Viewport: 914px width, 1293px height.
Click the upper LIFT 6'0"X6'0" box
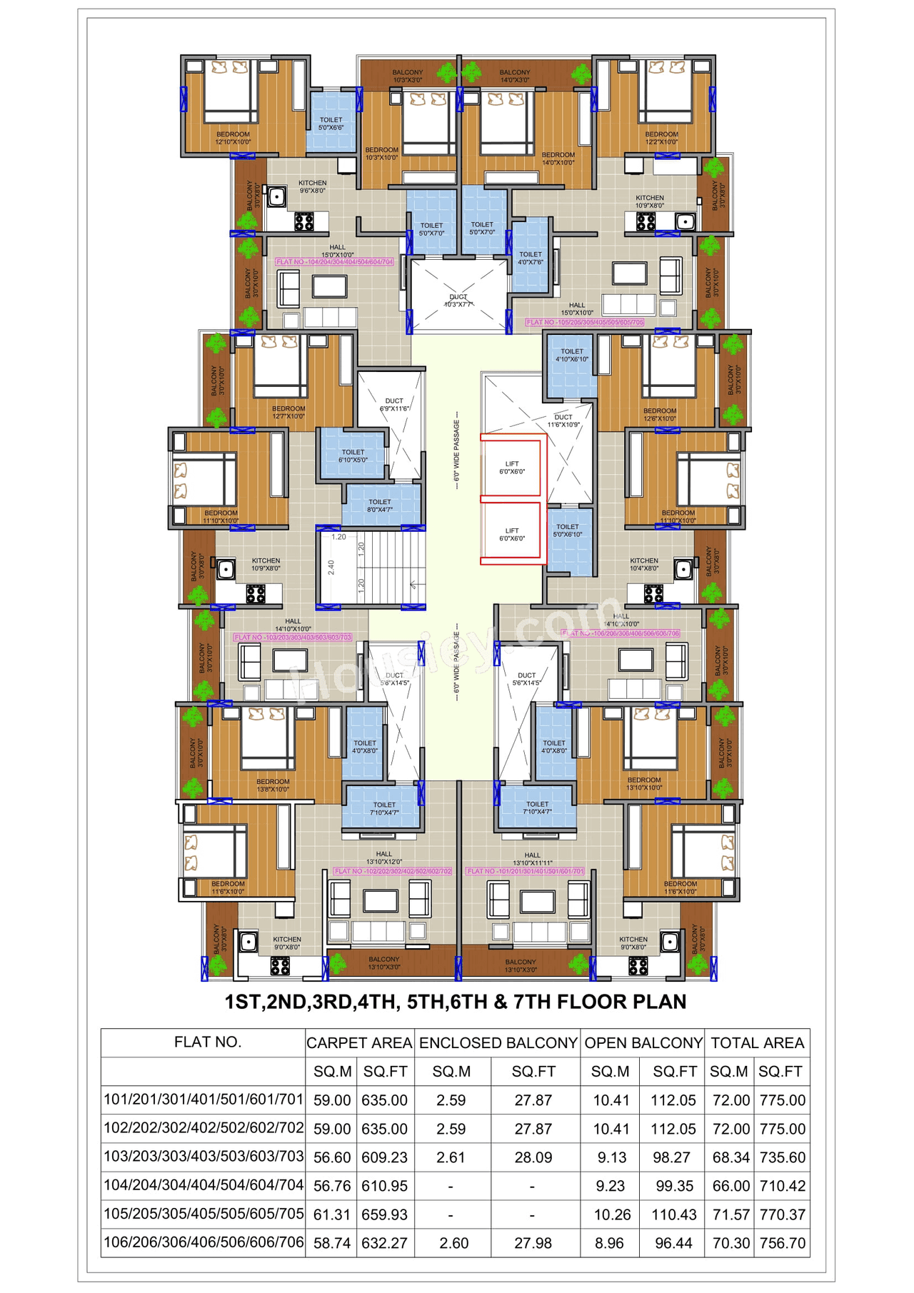[x=511, y=468]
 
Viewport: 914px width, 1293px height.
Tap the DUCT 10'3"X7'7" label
[x=458, y=301]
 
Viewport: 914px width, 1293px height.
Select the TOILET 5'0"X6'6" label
[x=331, y=124]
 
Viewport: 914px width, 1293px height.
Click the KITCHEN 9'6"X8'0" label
[x=313, y=187]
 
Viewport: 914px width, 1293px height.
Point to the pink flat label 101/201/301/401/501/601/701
[x=525, y=871]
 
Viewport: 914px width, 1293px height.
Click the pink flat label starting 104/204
[x=334, y=262]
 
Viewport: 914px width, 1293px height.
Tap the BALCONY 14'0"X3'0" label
[x=515, y=76]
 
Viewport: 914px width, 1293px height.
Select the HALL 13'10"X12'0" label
[x=384, y=857]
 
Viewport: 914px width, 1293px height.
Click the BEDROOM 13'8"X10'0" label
[x=273, y=785]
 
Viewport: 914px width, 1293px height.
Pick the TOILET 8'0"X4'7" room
[x=380, y=505]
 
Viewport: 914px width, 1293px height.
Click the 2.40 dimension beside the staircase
[x=331, y=568]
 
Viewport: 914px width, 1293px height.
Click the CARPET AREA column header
[x=359, y=1043]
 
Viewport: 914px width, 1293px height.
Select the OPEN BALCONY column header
[x=643, y=1043]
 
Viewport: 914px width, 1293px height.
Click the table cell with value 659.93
[x=384, y=1214]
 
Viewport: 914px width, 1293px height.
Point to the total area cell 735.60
[x=782, y=1157]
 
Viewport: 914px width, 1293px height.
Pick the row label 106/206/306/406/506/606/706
[x=204, y=1242]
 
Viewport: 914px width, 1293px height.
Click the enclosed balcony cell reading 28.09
[x=533, y=1157]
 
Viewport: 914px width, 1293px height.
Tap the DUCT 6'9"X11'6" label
[x=394, y=404]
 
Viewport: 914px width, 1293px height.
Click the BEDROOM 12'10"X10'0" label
[x=233, y=138]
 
